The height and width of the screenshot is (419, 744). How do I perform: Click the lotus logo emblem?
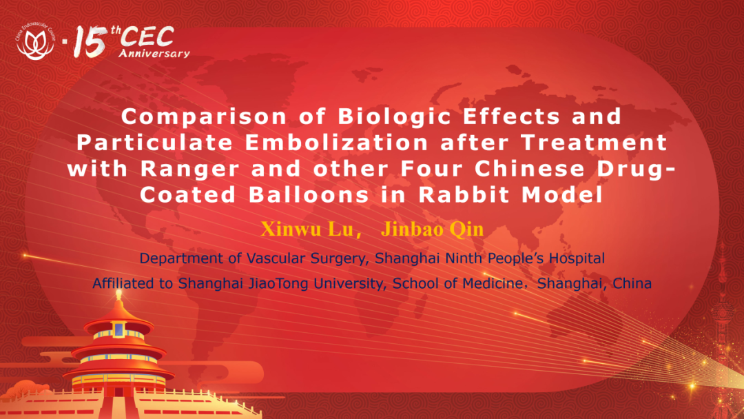tap(36, 42)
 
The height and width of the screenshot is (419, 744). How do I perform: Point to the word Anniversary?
tap(154, 53)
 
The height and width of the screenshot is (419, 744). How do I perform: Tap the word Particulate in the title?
tap(155, 143)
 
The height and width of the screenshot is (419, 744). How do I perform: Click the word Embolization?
tap(337, 143)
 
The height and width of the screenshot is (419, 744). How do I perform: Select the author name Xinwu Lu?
tap(307, 229)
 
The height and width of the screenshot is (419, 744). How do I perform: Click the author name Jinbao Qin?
tap(432, 229)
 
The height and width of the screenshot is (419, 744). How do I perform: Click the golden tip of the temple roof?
tap(118, 295)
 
